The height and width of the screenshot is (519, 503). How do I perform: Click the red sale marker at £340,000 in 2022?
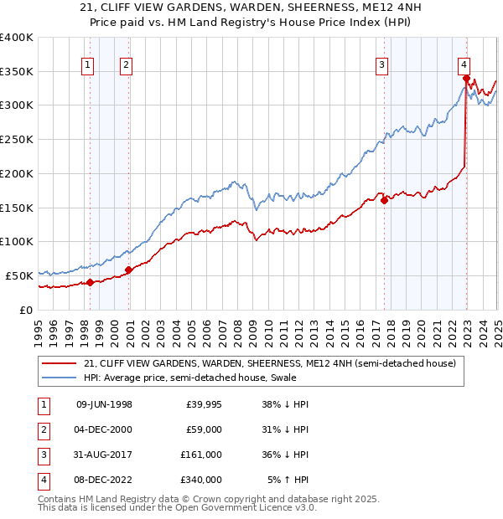click(466, 78)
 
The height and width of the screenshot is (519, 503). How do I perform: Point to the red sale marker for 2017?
click(384, 199)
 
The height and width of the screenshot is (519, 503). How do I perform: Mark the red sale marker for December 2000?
click(128, 270)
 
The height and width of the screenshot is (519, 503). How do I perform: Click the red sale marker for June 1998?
click(91, 282)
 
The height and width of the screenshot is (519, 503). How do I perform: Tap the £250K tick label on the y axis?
click(17, 139)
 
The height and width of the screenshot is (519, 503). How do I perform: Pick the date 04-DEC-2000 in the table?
click(104, 429)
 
